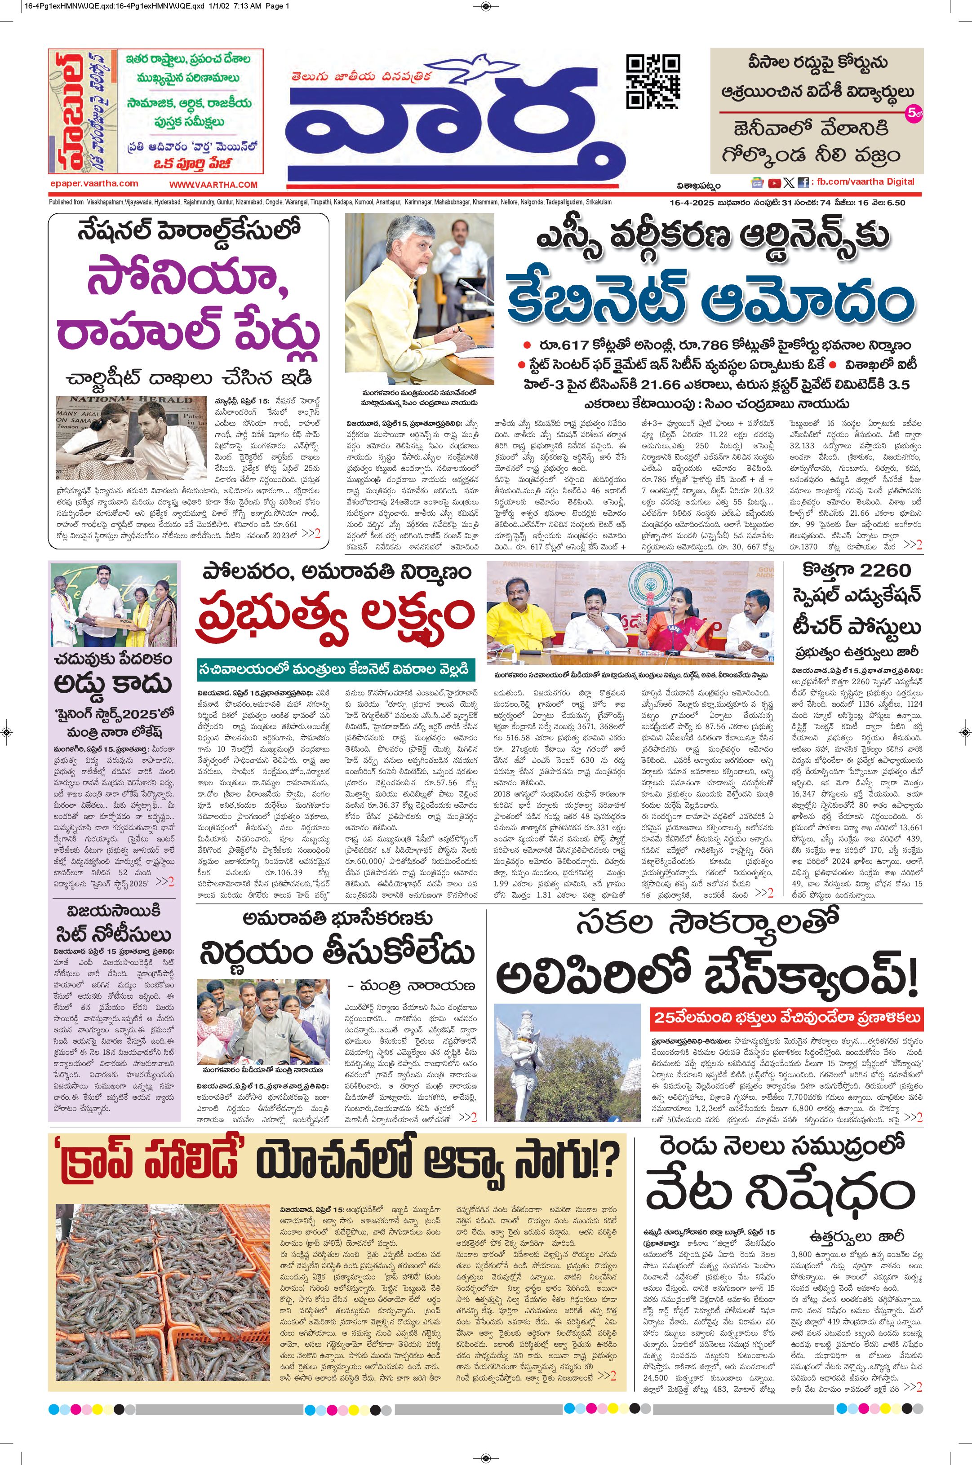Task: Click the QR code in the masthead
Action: tap(653, 82)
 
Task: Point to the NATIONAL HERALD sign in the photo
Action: tap(122, 400)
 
